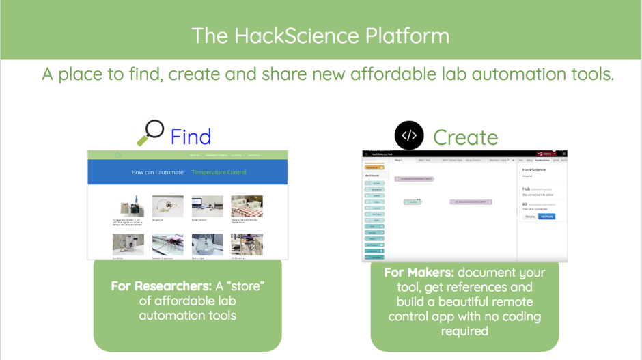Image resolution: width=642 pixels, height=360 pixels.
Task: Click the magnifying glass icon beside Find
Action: tap(150, 133)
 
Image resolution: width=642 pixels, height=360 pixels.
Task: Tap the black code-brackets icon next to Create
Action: tap(408, 135)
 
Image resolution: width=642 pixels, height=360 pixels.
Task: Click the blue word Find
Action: tap(191, 137)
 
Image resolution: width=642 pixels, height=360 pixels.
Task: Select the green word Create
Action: tap(465, 137)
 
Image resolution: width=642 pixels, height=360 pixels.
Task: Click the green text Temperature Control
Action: tap(219, 172)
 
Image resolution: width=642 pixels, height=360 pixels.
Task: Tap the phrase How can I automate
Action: tap(157, 172)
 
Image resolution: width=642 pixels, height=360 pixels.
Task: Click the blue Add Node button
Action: tap(546, 217)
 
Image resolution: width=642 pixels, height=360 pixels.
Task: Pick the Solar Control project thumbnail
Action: tap(207, 206)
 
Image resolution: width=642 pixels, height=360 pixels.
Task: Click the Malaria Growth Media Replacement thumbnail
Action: tap(247, 206)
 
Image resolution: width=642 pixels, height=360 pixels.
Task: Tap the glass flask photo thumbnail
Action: tap(207, 244)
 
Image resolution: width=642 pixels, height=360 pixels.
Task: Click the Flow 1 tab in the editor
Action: tap(398, 161)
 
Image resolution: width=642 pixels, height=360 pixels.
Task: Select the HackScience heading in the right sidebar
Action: tap(534, 170)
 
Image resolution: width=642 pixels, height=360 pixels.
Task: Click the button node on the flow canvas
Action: tap(412, 202)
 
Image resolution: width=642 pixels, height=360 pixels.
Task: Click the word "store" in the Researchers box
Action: tap(245, 286)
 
